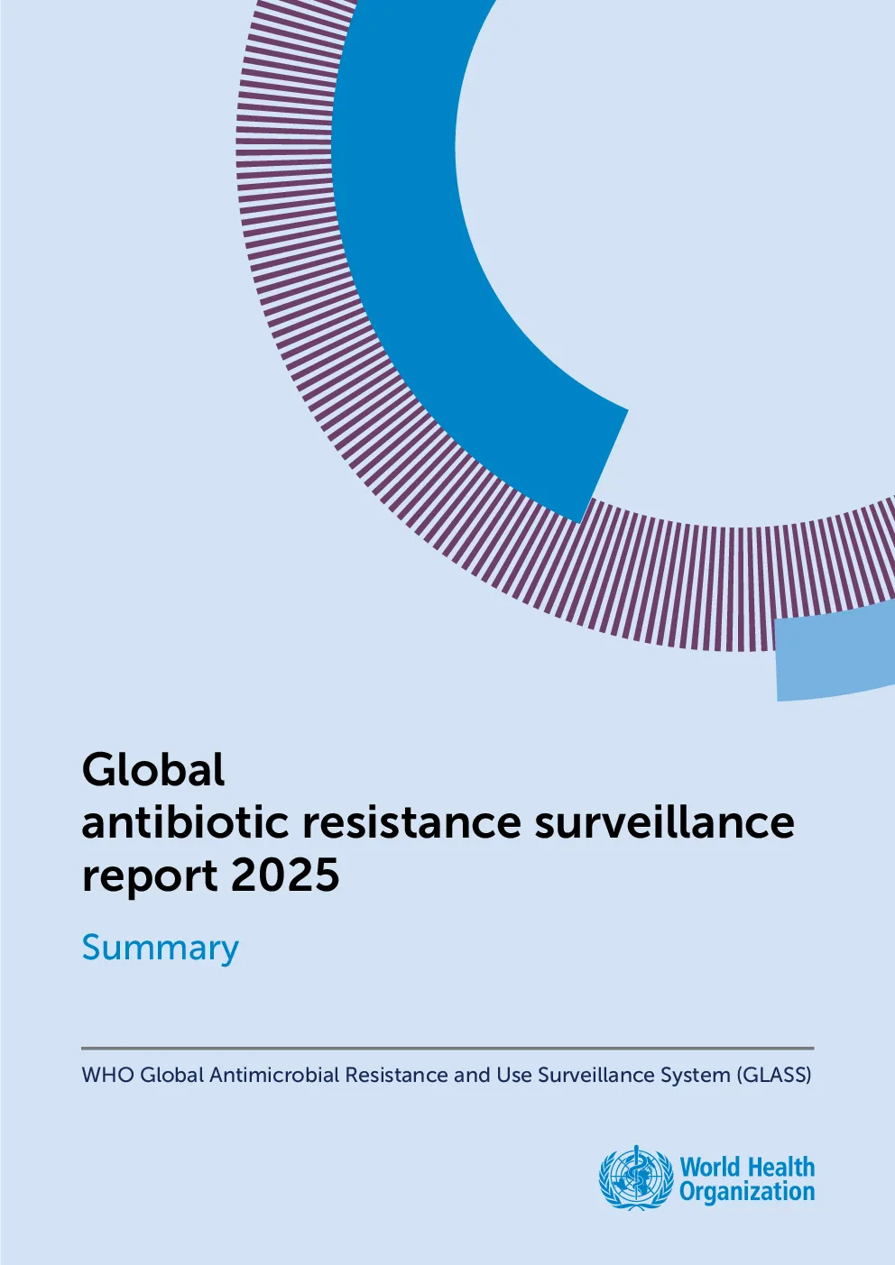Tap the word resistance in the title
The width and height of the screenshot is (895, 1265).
tap(411, 822)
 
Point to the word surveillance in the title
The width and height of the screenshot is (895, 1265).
tap(664, 822)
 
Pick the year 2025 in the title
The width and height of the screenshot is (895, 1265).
tap(285, 875)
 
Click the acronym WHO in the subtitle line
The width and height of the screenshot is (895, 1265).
tap(108, 1075)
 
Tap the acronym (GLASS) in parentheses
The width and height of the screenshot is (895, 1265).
tap(774, 1075)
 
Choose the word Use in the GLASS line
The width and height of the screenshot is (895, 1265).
tap(513, 1075)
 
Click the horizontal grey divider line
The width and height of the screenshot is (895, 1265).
tap(447, 1048)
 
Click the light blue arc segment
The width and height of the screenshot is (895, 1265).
tap(836, 658)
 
